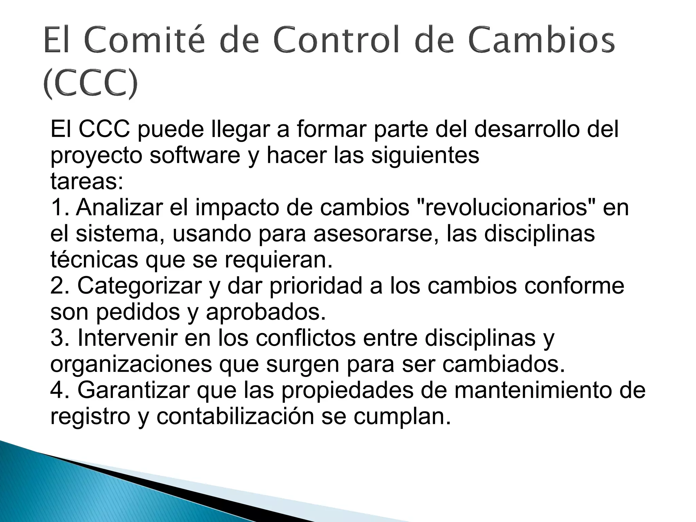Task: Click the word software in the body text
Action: pos(195,155)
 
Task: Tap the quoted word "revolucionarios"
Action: pos(506,207)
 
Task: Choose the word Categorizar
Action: pos(140,286)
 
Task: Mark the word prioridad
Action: pos(316,286)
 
